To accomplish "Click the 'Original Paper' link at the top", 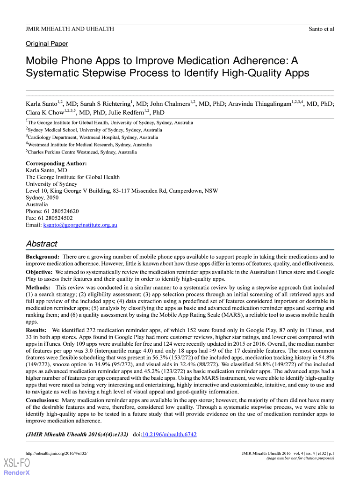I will (x=47, y=44).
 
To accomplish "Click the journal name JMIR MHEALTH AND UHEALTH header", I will (x=70, y=29).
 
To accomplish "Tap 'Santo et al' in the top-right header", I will (x=321, y=29).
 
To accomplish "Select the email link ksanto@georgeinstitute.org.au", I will (x=80, y=225).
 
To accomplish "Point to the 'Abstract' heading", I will (x=42, y=244).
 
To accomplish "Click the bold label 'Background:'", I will (x=42, y=257).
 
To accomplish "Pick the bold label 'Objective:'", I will (x=39, y=272).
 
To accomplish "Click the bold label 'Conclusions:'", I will (x=42, y=400).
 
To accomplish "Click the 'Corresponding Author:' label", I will (x=56, y=163).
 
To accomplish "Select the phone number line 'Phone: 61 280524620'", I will (x=52, y=211).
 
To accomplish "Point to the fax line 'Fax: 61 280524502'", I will (x=49, y=218).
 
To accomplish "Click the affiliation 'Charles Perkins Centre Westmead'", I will (x=64, y=152).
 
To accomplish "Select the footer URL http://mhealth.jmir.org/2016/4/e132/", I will (x=57, y=454).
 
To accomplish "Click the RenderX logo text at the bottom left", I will (x=17, y=472).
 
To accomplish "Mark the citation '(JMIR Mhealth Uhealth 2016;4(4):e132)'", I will (x=77, y=435).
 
